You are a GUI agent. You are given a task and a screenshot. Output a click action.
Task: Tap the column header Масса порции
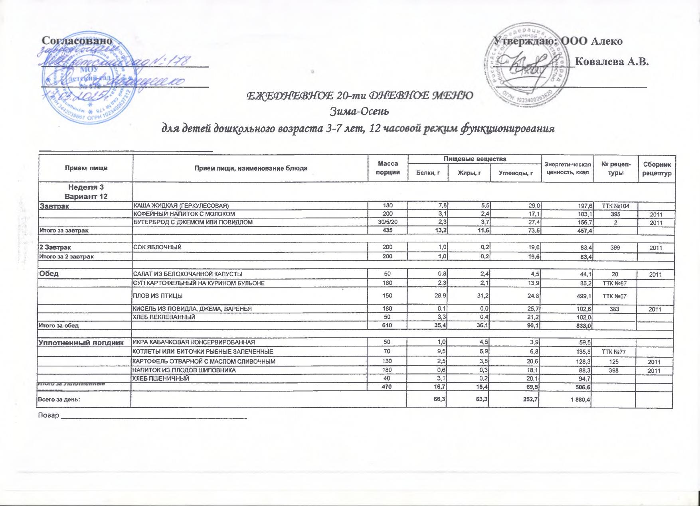click(388, 168)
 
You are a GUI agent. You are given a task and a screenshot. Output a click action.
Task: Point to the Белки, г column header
click(427, 173)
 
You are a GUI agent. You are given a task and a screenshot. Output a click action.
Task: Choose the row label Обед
click(49, 274)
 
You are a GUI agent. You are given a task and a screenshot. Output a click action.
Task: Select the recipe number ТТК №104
click(615, 206)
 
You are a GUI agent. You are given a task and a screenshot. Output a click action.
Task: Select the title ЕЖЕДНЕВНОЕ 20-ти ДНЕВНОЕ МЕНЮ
click(361, 96)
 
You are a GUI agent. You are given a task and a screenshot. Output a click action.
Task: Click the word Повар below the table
click(48, 415)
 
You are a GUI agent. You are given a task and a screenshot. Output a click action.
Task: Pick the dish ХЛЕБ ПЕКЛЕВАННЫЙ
click(164, 317)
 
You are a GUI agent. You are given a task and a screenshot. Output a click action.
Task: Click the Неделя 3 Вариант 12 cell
click(86, 191)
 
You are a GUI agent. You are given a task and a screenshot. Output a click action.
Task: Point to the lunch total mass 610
click(387, 325)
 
